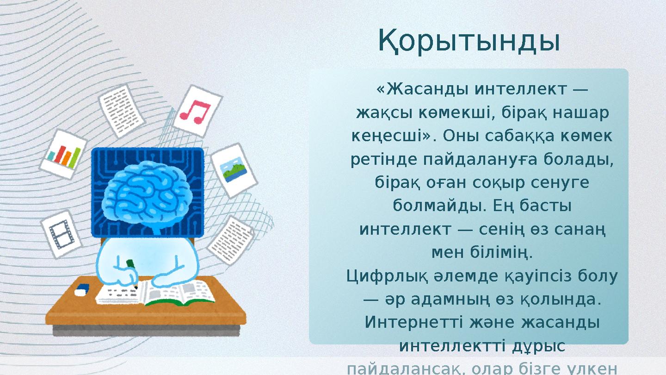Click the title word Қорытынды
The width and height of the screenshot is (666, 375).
coord(469,41)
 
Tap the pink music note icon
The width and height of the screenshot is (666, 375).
coord(196,111)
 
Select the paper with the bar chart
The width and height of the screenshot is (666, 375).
coord(64,154)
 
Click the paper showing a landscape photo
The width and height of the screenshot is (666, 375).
coord(234,170)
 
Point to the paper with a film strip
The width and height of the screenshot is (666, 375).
coord(61,234)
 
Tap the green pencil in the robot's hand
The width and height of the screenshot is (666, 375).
coord(131,265)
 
